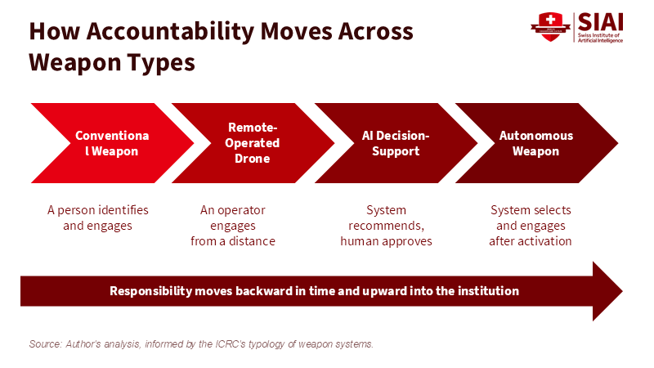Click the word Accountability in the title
point(170,32)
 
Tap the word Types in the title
point(161,63)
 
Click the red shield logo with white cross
point(550,27)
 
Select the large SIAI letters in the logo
point(600,22)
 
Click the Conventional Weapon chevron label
point(112,143)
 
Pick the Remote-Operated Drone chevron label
point(252,142)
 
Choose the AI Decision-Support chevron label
point(396,143)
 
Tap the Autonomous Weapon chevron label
point(536,143)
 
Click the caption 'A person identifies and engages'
point(97,218)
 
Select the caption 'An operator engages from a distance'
point(233,226)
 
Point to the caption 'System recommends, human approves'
point(386,226)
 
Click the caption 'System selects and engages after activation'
point(531,226)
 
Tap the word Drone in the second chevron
point(253,159)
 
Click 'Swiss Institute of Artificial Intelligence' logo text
point(600,38)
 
